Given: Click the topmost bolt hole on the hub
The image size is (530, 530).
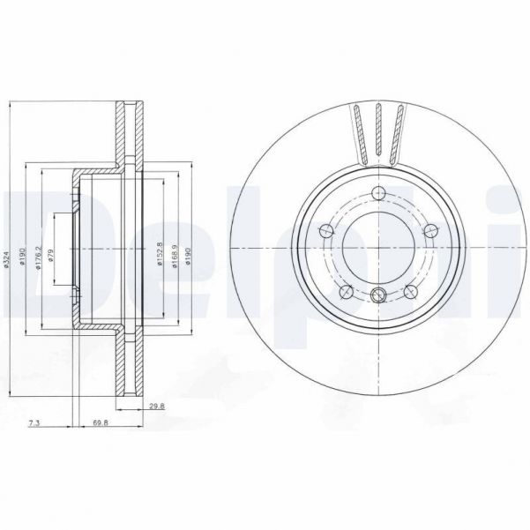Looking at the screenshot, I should pos(378,194).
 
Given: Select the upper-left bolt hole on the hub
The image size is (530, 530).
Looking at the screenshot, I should pos(325,232).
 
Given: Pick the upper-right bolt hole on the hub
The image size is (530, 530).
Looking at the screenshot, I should pos(430,231).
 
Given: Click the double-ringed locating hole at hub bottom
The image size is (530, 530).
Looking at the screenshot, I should pos(378,295).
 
